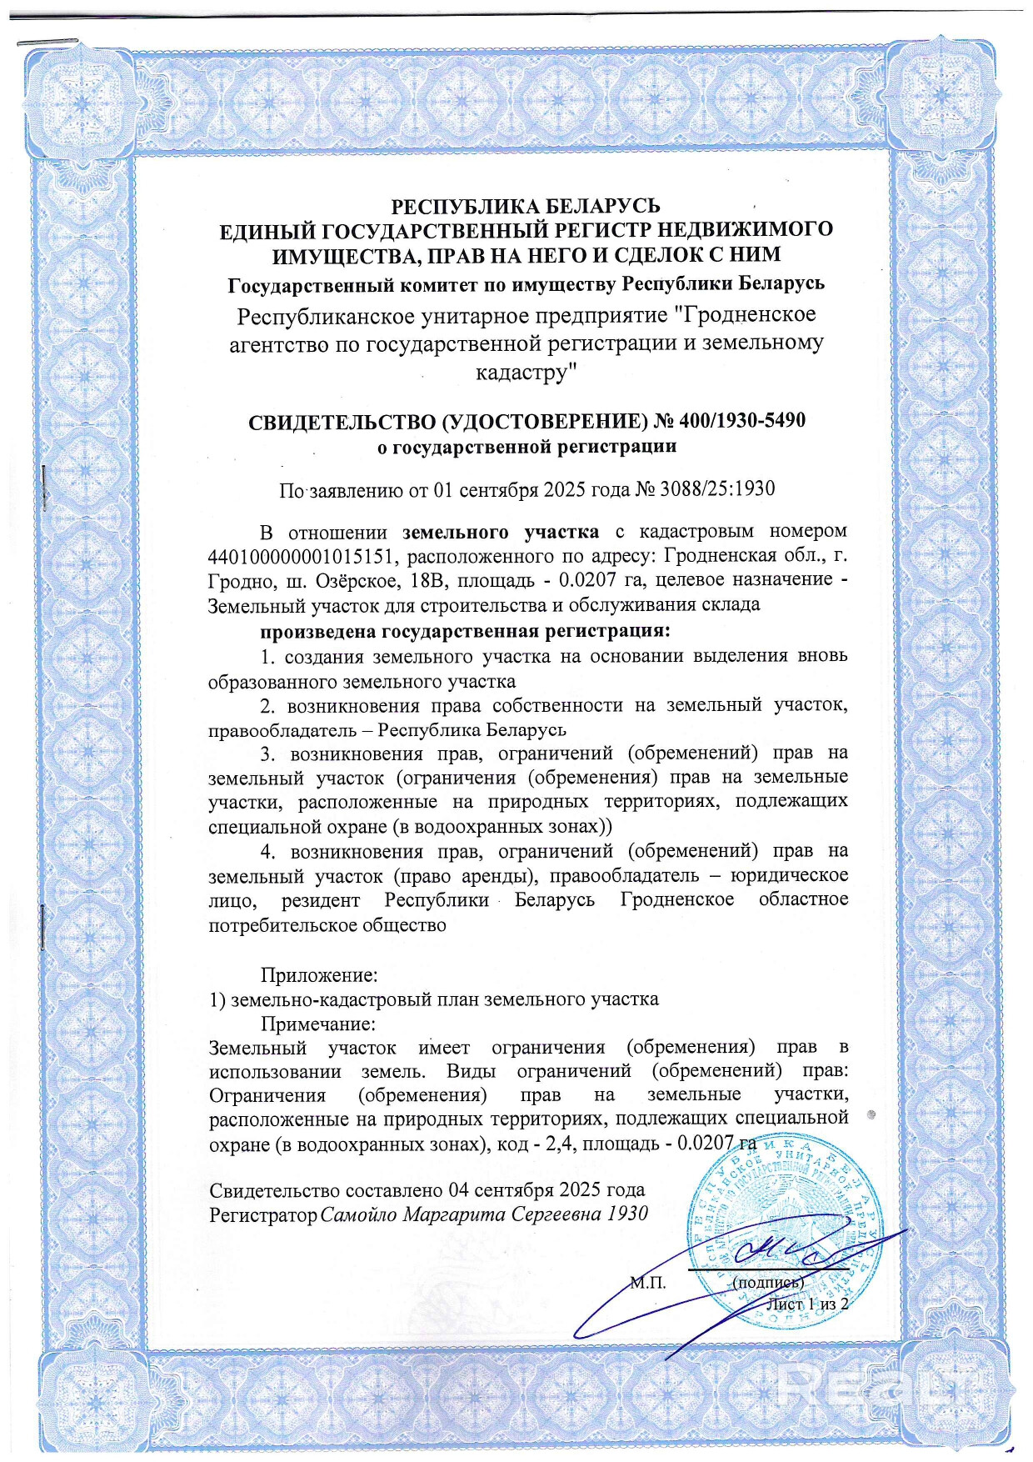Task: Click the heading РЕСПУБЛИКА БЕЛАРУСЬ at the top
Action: [526, 205]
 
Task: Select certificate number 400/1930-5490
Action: [742, 420]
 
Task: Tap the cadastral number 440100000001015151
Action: [302, 555]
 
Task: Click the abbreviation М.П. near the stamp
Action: [647, 1283]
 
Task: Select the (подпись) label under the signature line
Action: [767, 1283]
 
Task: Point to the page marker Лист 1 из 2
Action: [806, 1304]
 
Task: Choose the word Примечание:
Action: [317, 1023]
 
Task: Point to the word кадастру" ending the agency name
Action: [526, 372]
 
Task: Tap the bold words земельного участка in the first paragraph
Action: [500, 531]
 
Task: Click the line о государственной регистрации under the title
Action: [526, 447]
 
